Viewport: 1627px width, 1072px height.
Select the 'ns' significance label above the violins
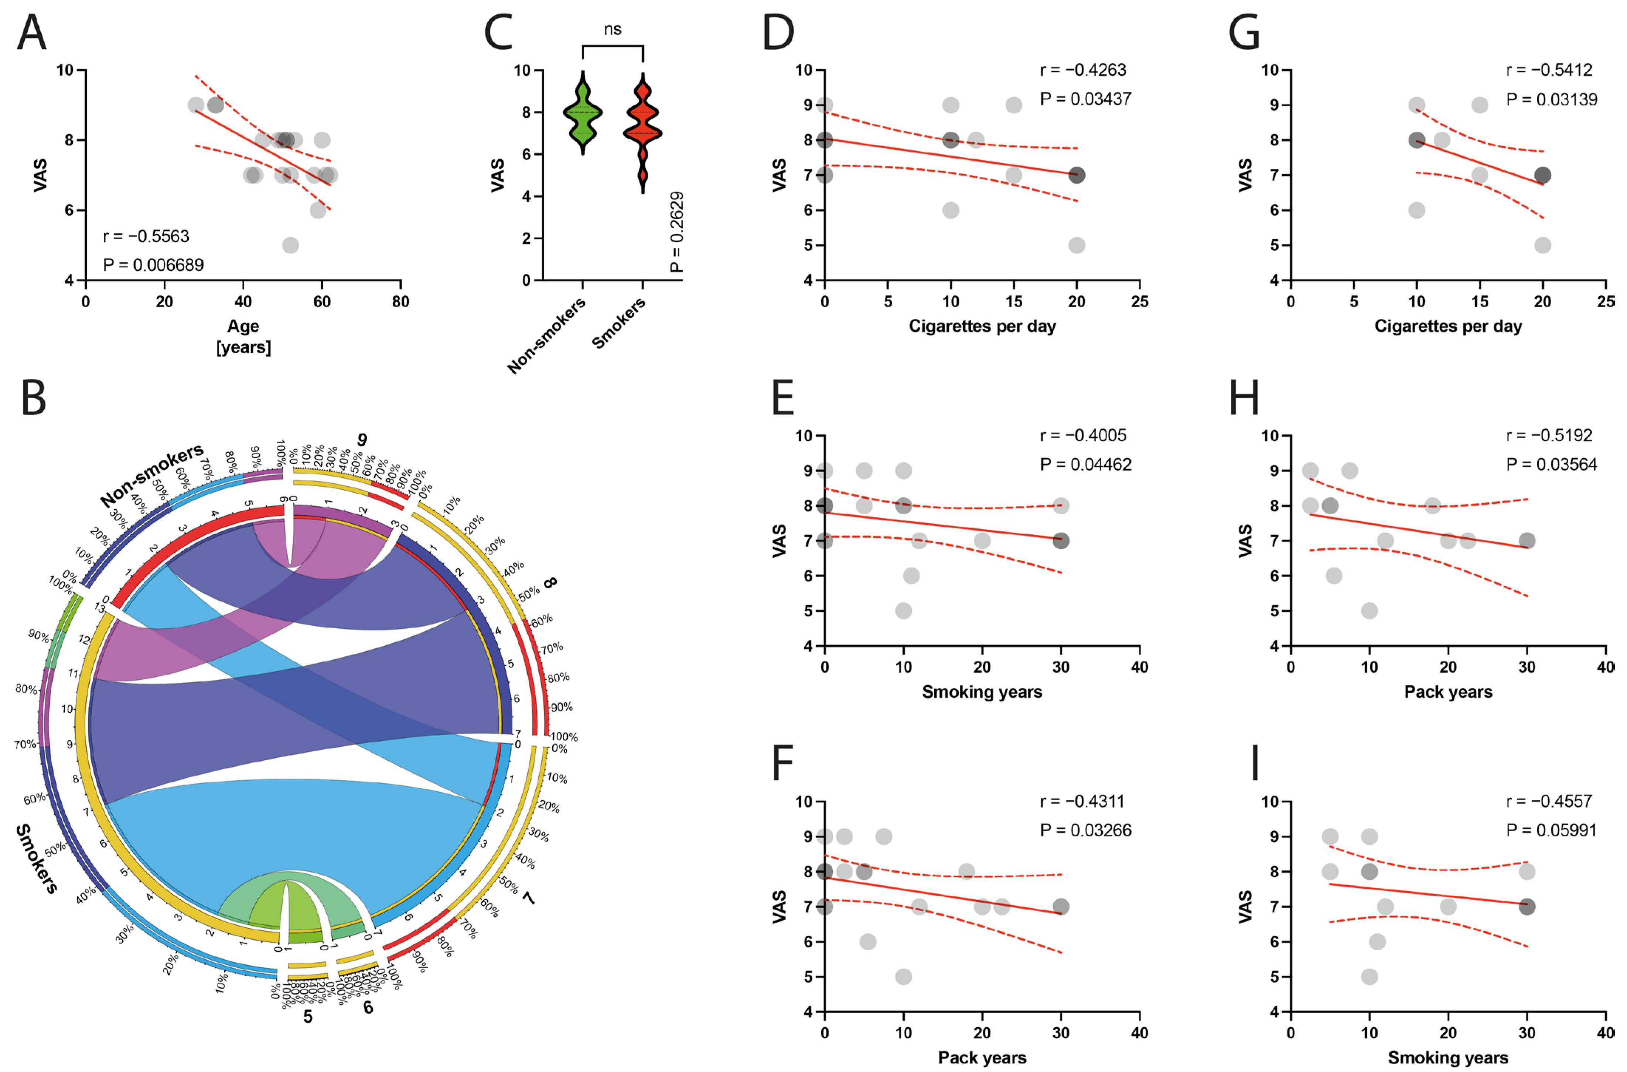pos(613,30)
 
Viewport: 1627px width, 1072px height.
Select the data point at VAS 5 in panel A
pos(290,245)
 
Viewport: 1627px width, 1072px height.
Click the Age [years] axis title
pos(243,337)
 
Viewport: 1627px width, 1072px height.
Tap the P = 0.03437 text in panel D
pos(1085,99)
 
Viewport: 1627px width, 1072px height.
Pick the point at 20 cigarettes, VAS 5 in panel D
pos(1077,245)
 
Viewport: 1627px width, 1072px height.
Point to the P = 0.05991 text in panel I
pos(1551,831)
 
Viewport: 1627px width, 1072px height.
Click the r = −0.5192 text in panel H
pos(1549,436)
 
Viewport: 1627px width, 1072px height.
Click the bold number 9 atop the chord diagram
pos(362,440)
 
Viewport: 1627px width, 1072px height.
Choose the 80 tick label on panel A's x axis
pos(400,302)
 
